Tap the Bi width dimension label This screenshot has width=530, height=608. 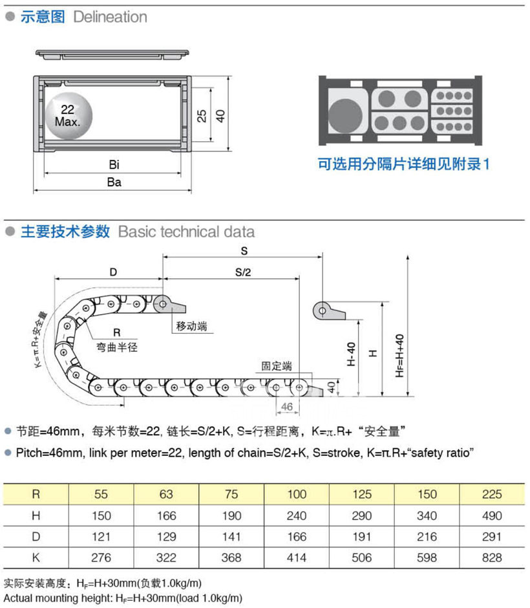tap(114, 166)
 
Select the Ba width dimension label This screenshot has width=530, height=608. tap(114, 182)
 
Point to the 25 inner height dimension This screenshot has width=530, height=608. tap(202, 116)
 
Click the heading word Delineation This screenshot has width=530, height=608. tap(111, 17)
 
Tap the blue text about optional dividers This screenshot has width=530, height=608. tap(404, 164)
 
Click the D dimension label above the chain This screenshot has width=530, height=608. tap(113, 272)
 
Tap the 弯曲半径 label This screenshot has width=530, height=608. tap(117, 347)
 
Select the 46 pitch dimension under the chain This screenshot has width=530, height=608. tap(287, 406)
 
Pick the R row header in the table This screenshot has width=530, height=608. tap(36, 495)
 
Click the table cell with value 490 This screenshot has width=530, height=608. tap(492, 516)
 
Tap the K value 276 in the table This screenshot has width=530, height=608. tap(101, 557)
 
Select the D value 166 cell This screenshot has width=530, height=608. tap(297, 536)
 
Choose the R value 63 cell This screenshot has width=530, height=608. tap(166, 495)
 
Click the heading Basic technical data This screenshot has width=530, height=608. tap(186, 232)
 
